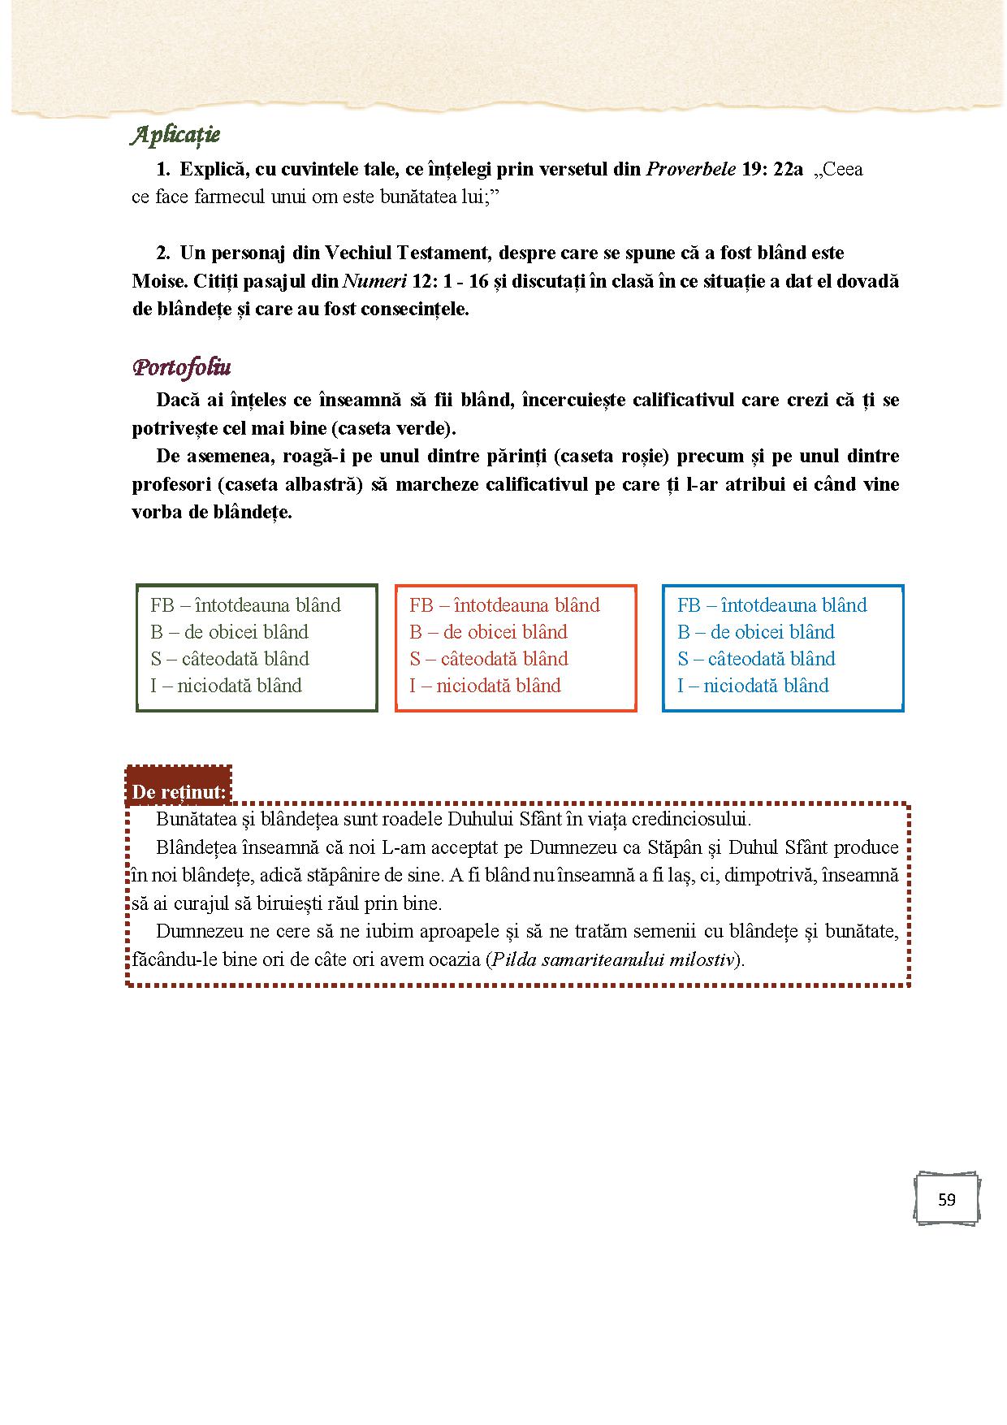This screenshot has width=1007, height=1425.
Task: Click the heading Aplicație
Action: click(175, 136)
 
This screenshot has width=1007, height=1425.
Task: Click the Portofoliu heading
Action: click(181, 368)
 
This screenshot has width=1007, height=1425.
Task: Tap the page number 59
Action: click(946, 1200)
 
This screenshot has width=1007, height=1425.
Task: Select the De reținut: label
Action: click(179, 791)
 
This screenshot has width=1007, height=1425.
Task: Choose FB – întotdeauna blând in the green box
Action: click(245, 605)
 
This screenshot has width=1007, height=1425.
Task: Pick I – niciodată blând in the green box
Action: click(226, 686)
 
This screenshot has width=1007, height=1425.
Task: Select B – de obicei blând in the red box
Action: click(488, 632)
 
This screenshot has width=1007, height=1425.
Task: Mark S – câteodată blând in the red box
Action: click(489, 659)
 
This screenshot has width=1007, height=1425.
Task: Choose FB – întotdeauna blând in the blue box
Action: click(771, 605)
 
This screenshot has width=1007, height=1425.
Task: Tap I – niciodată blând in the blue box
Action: click(753, 686)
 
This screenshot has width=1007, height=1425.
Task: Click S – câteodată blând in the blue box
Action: click(756, 659)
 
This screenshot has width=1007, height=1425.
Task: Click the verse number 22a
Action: click(784, 170)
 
